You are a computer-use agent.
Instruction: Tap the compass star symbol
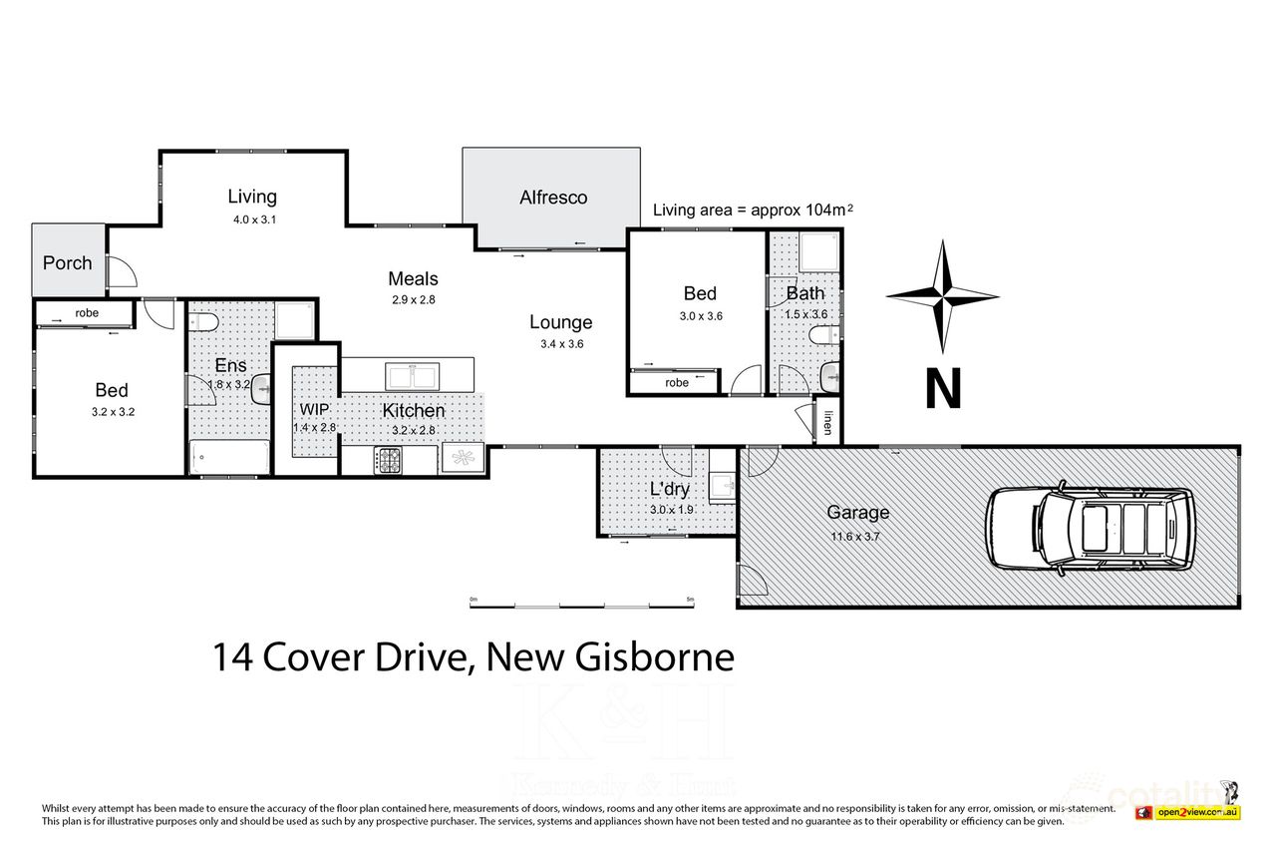coord(942,295)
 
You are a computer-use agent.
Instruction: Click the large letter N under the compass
coord(943,389)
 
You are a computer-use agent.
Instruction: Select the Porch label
coord(67,263)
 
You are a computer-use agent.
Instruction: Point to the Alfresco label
coord(553,198)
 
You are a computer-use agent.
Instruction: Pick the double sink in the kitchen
coord(415,376)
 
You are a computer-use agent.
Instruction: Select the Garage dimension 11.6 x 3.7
coord(856,536)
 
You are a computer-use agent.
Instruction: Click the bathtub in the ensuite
coord(229,457)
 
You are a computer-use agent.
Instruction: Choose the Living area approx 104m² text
coord(754,210)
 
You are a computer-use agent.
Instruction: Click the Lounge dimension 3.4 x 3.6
coord(560,344)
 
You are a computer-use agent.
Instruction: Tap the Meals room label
coord(413,279)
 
